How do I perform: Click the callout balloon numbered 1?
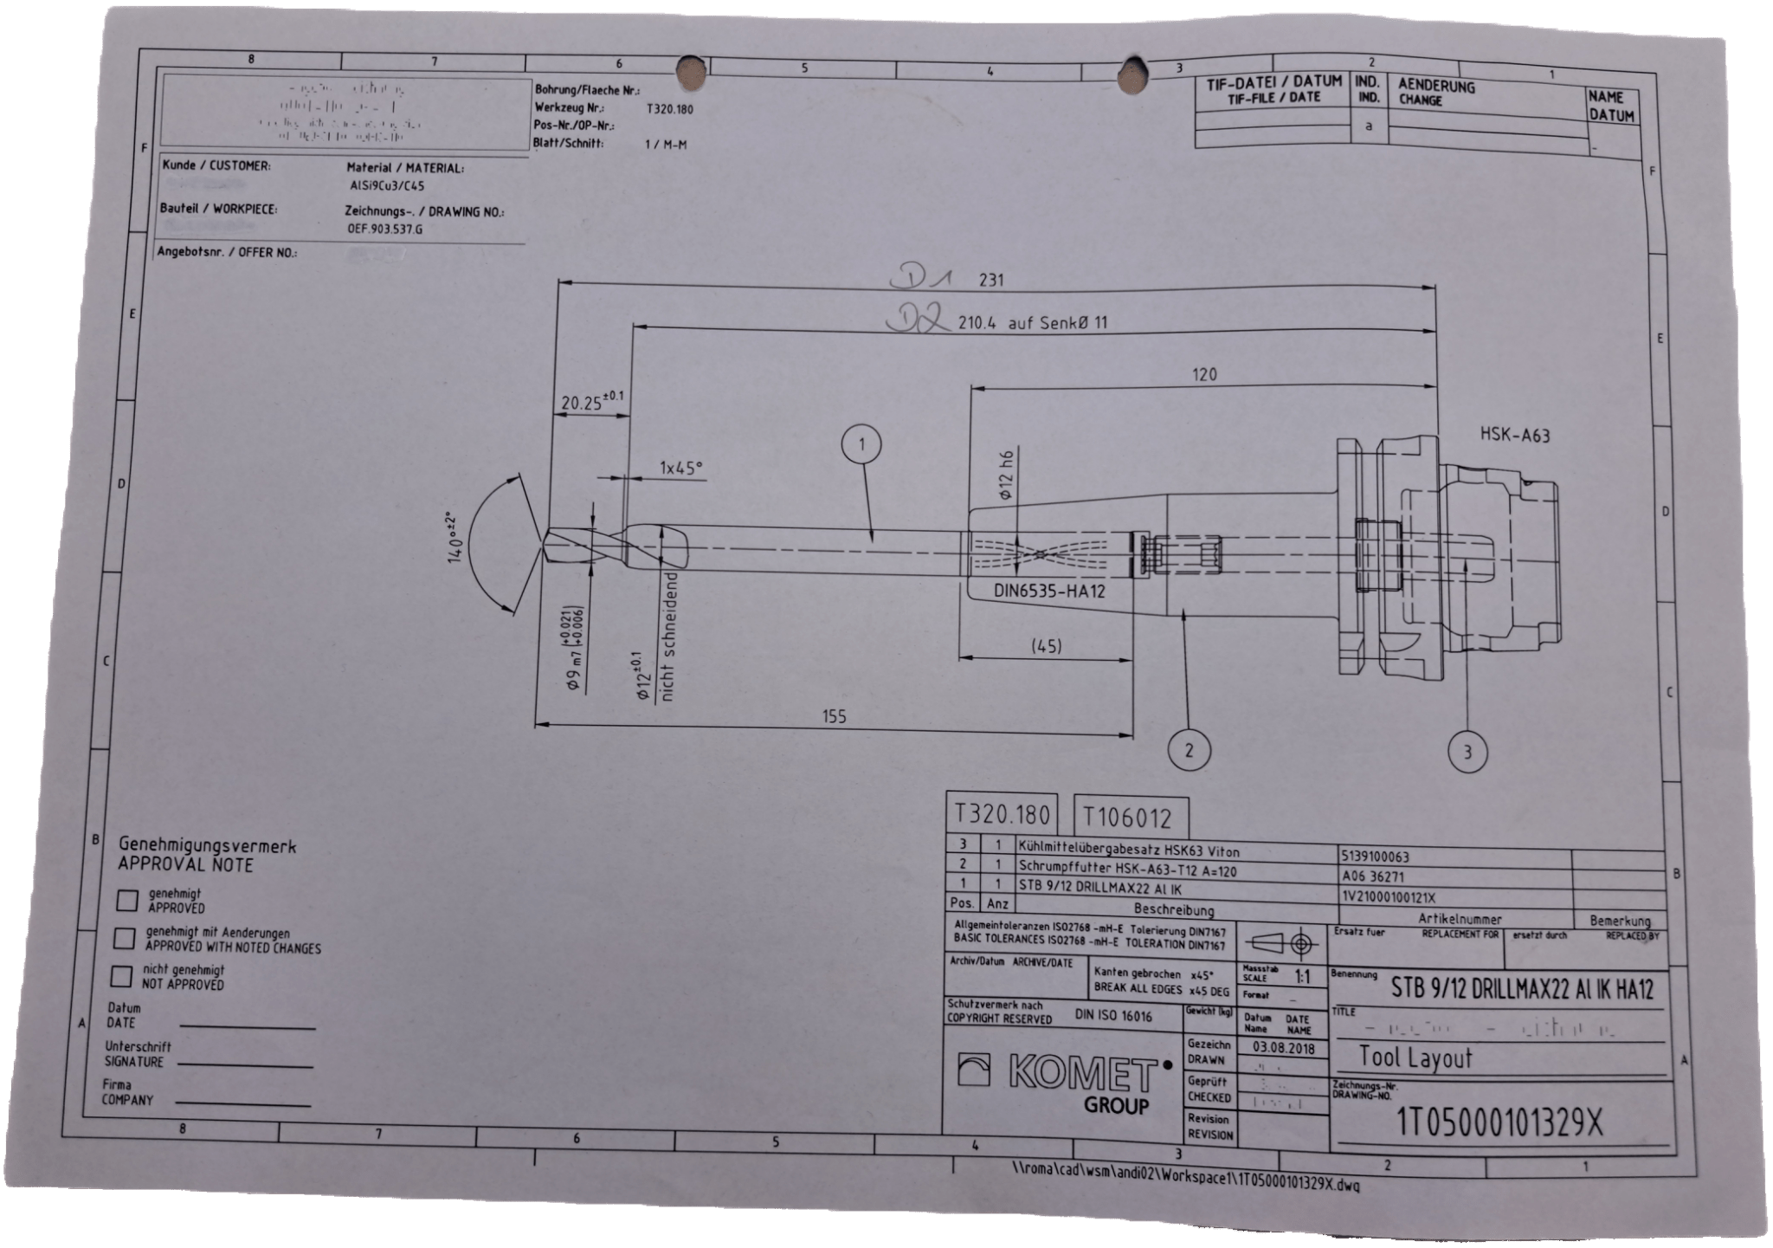(x=861, y=445)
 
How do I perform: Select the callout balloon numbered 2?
(x=1189, y=750)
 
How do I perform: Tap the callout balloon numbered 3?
(x=1467, y=752)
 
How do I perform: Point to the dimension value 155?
(x=834, y=716)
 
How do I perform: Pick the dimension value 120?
(x=1204, y=374)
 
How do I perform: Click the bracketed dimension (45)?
(x=1047, y=646)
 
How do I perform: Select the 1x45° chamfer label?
(x=681, y=468)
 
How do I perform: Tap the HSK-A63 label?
(x=1515, y=435)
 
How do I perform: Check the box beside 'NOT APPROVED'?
(x=122, y=977)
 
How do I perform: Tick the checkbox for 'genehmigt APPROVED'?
(x=127, y=900)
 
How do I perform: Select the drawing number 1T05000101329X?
(x=1500, y=1123)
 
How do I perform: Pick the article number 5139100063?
(x=1374, y=857)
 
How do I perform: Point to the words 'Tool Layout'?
(x=1415, y=1058)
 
